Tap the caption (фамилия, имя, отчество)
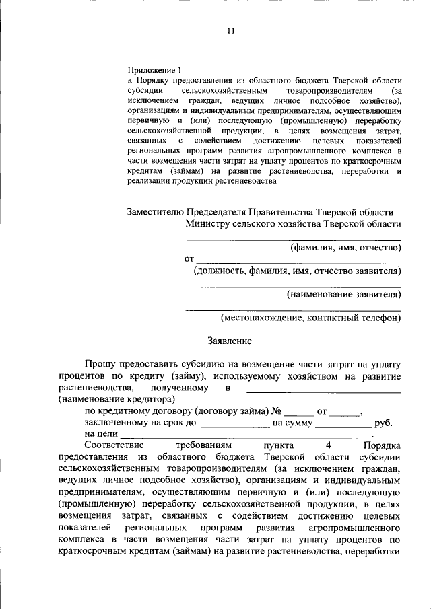pyautogui.click(x=345, y=248)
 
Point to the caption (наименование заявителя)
pyautogui.click(x=343, y=294)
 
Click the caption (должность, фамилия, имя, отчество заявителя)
pyautogui.click(x=297, y=271)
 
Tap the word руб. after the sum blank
pyautogui.click(x=383, y=423)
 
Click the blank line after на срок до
pyautogui.click(x=235, y=424)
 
